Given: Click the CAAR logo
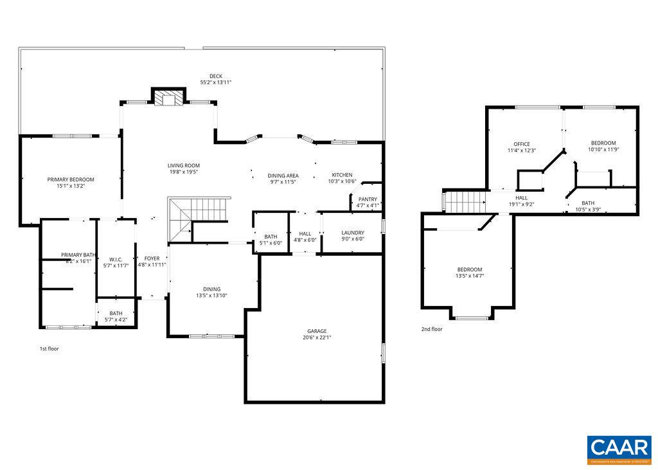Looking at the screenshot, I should (619, 449).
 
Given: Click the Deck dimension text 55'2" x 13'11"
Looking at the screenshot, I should (215, 82).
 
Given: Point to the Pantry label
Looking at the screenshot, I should (368, 199).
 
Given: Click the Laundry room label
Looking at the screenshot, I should (353, 233).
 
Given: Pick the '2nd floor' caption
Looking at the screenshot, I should (432, 329).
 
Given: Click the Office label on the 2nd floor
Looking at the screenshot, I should (521, 144).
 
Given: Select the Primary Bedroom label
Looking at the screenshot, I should (71, 179).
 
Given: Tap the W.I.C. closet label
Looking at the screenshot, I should (116, 259).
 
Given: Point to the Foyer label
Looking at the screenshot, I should (152, 258).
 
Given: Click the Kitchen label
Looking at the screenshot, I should (342, 175).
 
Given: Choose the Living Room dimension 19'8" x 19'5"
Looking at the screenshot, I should (184, 172).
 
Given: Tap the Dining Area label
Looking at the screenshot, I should (283, 176).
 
